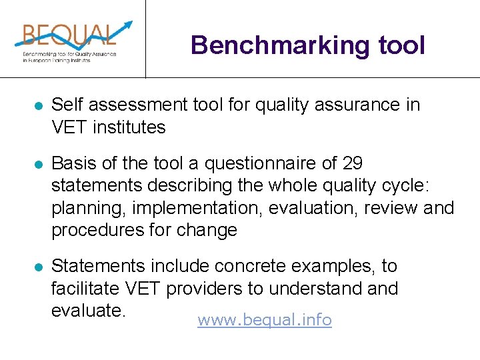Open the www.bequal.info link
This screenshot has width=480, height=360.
point(265,320)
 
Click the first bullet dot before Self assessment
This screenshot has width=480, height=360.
point(39,106)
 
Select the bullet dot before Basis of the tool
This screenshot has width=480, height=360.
point(39,163)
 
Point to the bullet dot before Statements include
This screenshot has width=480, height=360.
point(39,267)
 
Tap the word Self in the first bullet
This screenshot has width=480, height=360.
point(65,105)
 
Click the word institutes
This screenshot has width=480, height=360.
point(129,127)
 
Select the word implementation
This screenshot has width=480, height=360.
point(198,208)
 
